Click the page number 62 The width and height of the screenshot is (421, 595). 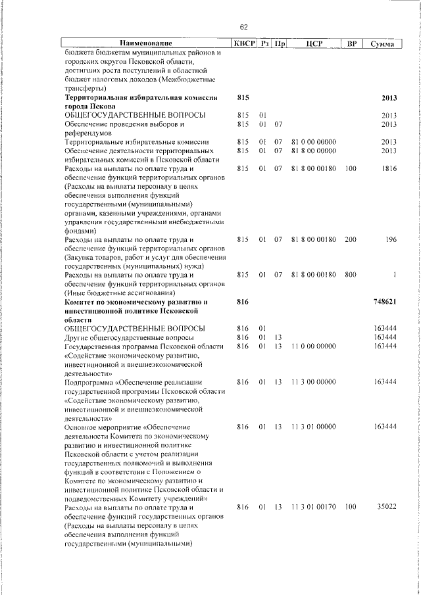[x=243, y=27]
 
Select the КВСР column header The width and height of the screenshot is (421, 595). [x=243, y=44]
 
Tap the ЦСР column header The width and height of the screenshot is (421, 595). [x=313, y=44]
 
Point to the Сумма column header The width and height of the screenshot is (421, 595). [x=382, y=44]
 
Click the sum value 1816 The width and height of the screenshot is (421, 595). [x=389, y=169]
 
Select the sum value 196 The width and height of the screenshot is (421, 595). [x=391, y=239]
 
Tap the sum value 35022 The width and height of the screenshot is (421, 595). [x=386, y=508]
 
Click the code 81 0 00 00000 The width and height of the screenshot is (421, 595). [x=313, y=141]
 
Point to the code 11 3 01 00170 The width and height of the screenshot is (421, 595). [x=313, y=508]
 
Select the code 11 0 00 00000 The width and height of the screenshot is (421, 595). [x=313, y=346]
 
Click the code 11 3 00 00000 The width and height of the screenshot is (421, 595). [x=313, y=382]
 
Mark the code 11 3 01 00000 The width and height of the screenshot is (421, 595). [x=313, y=427]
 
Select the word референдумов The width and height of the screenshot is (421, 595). [x=89, y=133]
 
